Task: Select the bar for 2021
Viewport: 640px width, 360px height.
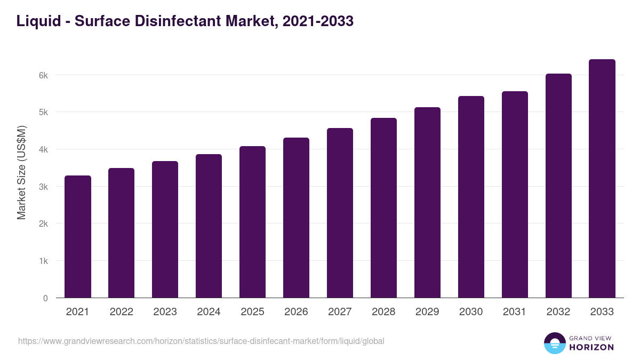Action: coord(78,237)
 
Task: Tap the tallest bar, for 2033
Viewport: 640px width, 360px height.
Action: coord(602,179)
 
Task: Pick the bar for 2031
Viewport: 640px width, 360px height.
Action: coord(515,195)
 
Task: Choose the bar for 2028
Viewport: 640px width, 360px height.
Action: coord(383,208)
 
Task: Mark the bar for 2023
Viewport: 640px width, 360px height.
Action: coord(165,229)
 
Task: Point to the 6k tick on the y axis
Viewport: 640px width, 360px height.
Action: coord(43,75)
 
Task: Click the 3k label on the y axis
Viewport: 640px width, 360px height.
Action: coord(43,187)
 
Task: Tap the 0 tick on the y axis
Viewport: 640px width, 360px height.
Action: coord(45,298)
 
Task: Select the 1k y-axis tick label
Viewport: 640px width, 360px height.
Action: coord(43,261)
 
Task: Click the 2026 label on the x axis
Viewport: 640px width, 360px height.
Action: coord(296,312)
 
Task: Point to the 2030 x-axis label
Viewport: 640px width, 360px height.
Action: coord(471,312)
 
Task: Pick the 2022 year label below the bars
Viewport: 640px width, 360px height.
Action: coord(121,312)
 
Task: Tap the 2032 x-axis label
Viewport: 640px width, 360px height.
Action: coord(558,312)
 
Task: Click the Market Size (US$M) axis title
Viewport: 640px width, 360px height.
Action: coord(21,172)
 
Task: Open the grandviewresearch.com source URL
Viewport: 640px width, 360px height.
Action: coord(201,341)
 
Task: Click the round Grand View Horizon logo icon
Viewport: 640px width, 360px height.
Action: coord(554,343)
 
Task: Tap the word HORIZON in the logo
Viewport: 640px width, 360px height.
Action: coord(591,347)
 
